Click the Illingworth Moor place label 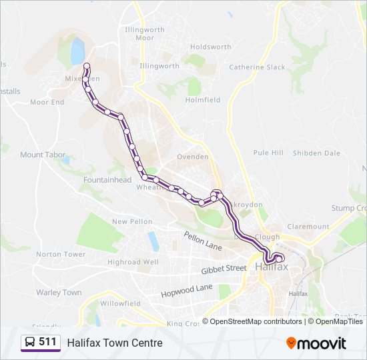(x=145, y=33)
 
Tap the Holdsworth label (x=210, y=47)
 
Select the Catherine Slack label (x=257, y=67)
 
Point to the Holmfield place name (x=203, y=100)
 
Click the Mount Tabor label (x=43, y=155)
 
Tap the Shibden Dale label (x=316, y=153)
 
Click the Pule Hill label (x=268, y=153)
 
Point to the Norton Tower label (x=61, y=255)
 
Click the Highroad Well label (x=133, y=263)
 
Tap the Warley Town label (x=59, y=293)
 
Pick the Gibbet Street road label (x=224, y=269)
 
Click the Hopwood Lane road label (x=186, y=291)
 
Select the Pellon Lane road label (x=203, y=241)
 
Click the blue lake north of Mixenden (x=77, y=50)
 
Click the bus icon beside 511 (x=29, y=342)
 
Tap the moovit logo (x=316, y=343)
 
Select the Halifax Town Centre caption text (x=114, y=343)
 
